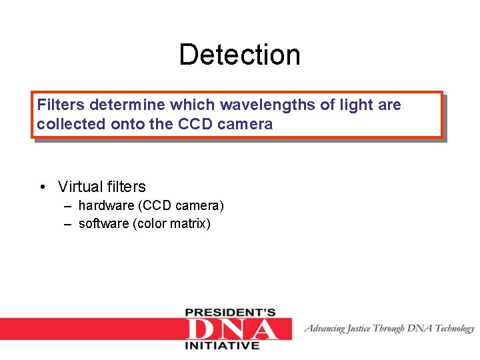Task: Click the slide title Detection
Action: click(239, 55)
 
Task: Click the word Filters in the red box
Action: click(61, 105)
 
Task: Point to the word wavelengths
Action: click(255, 105)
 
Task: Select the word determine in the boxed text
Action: click(127, 105)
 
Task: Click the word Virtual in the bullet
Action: click(80, 187)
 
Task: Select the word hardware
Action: click(105, 205)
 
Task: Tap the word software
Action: click(104, 223)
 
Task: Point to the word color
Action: click(151, 223)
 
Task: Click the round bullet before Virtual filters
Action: click(42, 187)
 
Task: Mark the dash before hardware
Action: click(68, 205)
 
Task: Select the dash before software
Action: click(68, 223)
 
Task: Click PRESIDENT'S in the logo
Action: click(231, 312)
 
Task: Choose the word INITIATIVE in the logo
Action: click(222, 346)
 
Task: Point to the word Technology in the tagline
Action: click(455, 328)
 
